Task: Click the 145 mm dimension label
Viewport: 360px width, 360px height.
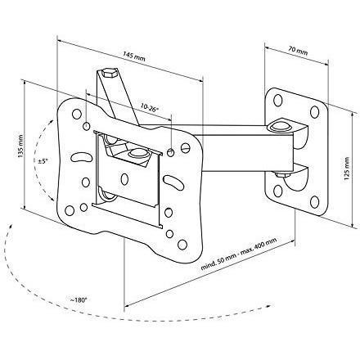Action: [x=134, y=56]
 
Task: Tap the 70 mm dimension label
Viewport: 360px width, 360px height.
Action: [x=298, y=50]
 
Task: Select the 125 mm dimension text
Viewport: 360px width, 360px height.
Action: [x=347, y=169]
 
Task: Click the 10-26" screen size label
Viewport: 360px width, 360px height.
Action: [x=150, y=108]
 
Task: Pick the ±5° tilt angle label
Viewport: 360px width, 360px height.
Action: [x=43, y=161]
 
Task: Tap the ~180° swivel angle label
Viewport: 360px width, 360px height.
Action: [x=78, y=300]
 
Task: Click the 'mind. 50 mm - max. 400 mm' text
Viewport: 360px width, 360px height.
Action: [x=239, y=254]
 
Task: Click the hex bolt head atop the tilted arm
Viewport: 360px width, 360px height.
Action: [x=109, y=73]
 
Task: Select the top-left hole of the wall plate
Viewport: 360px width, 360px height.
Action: [x=277, y=101]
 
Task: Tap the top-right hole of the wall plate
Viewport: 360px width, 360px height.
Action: [x=314, y=112]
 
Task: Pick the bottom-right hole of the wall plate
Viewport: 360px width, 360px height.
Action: [x=314, y=202]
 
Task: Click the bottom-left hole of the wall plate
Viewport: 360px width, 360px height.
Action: [x=278, y=191]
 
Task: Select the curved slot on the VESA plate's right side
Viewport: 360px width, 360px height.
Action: [x=173, y=182]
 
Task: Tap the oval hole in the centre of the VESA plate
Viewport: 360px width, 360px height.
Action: [x=124, y=179]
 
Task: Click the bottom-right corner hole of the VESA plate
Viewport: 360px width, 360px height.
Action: [x=182, y=245]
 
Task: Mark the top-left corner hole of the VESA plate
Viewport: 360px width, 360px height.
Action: [x=77, y=114]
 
